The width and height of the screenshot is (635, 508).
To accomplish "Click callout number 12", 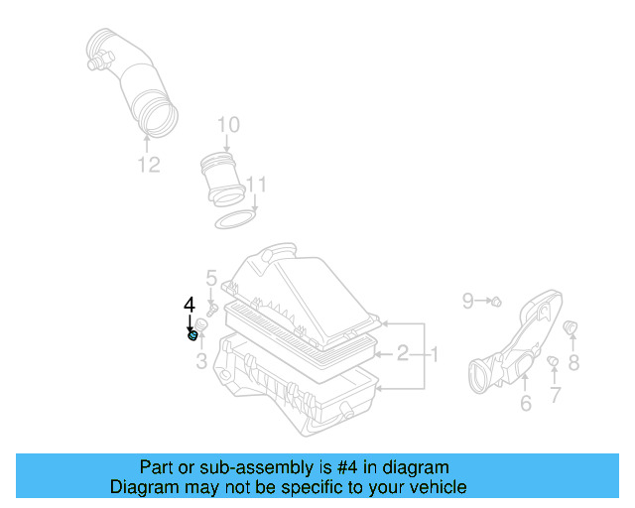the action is pos(148,165).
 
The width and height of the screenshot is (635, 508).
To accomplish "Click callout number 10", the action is pos(228,125).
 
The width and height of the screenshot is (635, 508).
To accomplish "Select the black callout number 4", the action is pos(190,306).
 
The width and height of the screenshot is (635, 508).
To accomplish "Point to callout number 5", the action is pos(211,278).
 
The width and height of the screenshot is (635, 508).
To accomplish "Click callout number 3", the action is pos(201,362).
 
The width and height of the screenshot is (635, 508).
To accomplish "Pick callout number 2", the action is pos(403,352).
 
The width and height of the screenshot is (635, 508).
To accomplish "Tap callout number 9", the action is pos(467,299).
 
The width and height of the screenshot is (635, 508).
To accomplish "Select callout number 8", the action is pos(573,363).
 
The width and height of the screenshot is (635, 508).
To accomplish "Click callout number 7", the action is pos(555,395).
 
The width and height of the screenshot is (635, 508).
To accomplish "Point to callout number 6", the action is pos(525,402).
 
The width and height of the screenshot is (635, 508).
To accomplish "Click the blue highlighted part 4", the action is pos(192,336).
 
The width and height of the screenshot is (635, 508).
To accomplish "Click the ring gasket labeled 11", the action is pos(236,219).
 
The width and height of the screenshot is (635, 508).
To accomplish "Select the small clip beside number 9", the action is pos(496,300).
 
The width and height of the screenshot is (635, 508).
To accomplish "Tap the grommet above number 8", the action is pos(571,327).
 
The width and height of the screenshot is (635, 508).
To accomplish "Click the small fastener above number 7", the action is pos(552,360).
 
